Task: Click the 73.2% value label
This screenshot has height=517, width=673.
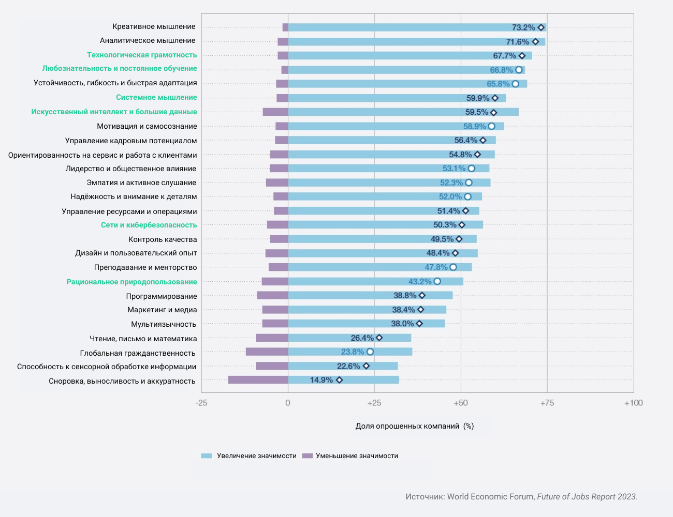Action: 523,27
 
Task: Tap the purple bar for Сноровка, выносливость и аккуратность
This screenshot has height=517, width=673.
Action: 258,380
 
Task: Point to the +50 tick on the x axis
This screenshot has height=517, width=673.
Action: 461,403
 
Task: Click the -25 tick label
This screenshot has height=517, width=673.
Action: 201,403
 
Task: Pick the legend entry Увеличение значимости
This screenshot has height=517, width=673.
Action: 256,456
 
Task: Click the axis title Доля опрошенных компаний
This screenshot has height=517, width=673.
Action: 407,426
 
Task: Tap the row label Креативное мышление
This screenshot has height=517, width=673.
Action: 154,26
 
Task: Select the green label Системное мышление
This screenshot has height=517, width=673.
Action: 156,97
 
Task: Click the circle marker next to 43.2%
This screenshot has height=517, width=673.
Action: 437,281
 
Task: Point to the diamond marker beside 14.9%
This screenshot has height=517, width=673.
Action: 339,380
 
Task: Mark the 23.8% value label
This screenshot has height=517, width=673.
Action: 353,352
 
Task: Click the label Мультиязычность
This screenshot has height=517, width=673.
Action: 164,324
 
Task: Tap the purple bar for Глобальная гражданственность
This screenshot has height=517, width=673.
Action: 267,352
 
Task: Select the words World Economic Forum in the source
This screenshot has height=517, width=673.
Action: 490,496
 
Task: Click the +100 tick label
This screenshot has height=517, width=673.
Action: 634,403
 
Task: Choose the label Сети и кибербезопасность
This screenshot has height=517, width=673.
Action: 149,225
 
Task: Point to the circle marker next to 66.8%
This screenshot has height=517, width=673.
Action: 519,70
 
